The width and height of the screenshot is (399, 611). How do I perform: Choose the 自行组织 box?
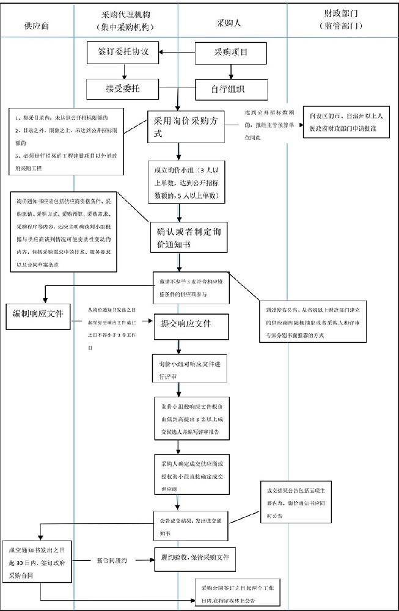[223, 89]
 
